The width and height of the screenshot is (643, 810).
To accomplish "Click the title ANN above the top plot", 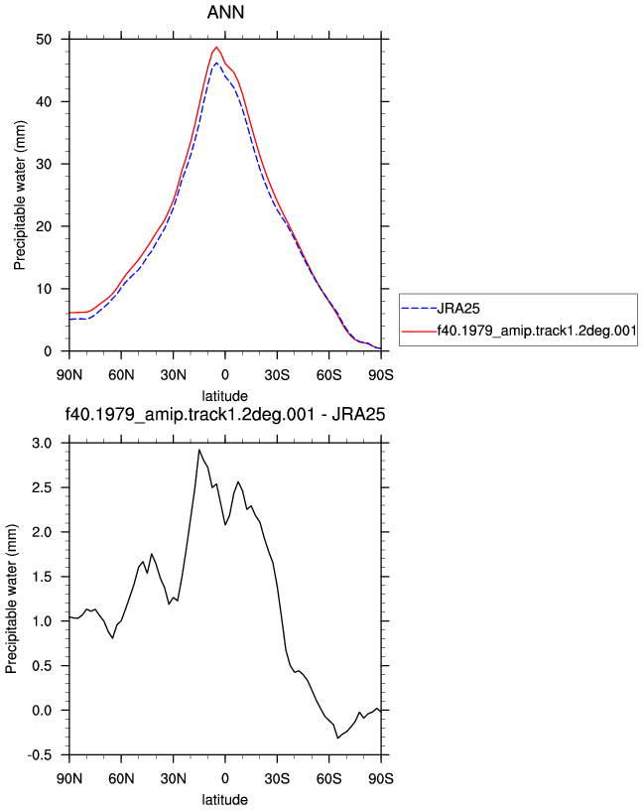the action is click(225, 12).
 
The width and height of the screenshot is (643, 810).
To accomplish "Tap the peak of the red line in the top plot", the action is click(216, 47).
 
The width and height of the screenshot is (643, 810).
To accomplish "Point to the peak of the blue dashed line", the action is click(216, 63).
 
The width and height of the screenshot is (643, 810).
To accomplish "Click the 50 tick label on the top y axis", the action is click(44, 40).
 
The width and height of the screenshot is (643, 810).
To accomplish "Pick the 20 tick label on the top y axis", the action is click(44, 226).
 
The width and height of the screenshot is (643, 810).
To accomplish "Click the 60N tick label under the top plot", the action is click(121, 375).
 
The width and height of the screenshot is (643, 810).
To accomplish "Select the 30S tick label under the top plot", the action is click(277, 375).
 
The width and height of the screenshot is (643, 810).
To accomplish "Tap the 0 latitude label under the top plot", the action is click(225, 375).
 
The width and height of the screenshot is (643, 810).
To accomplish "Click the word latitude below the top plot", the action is click(224, 396).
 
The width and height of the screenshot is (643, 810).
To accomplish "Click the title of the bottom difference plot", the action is click(225, 414).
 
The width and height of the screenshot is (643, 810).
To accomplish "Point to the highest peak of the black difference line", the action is click(199, 450).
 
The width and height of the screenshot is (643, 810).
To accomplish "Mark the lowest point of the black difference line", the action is click(337, 738).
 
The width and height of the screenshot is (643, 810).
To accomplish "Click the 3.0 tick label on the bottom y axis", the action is click(42, 444).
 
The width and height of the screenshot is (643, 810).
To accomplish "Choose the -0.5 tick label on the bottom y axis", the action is click(40, 755).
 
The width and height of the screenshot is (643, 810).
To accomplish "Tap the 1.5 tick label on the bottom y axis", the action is click(42, 577).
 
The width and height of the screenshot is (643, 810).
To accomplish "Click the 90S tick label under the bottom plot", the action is click(381, 778).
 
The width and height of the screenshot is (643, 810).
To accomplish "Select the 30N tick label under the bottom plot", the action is click(173, 778).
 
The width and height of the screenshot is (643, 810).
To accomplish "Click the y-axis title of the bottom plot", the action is click(11, 599).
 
